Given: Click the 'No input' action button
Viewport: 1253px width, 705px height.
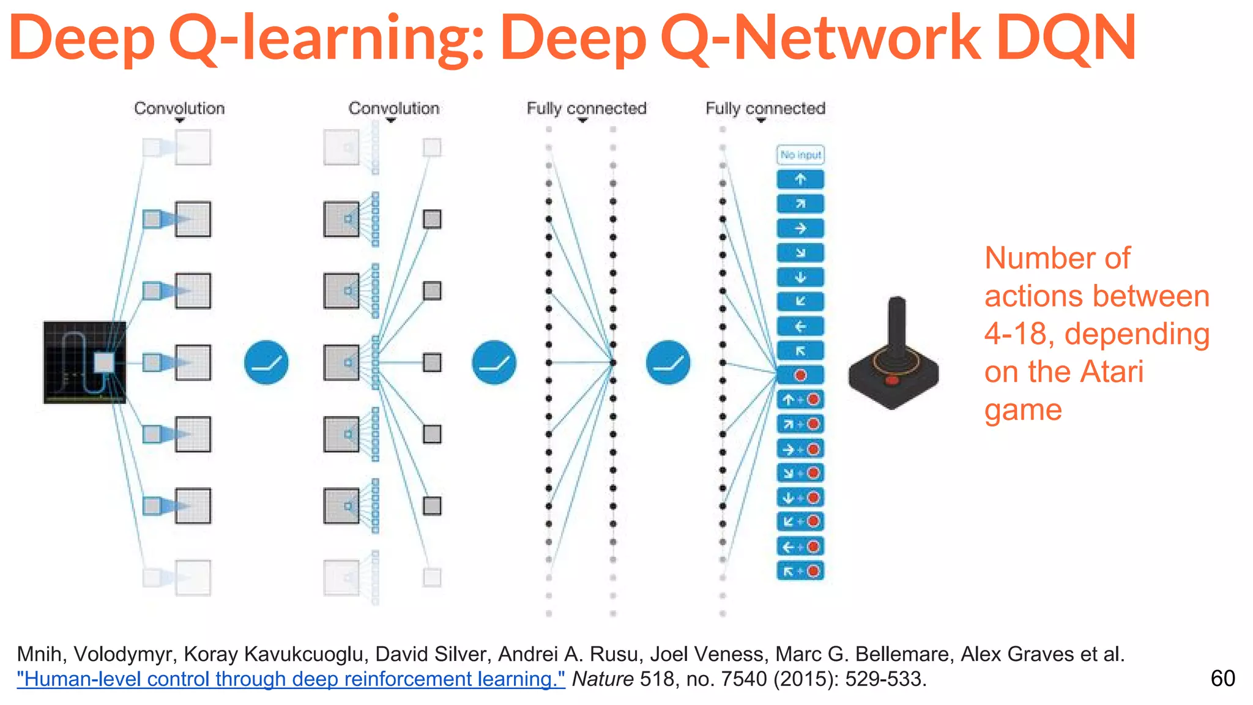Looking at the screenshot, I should coord(800,155).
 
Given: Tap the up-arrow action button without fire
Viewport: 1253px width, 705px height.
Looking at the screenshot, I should coord(800,179).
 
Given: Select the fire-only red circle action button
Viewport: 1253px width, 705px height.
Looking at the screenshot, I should coord(800,375).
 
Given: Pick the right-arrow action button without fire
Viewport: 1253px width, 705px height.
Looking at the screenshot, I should coord(800,228).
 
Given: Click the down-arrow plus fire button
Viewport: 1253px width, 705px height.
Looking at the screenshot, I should coord(800,498).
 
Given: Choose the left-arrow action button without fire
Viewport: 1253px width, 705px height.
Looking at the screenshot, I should coord(800,326).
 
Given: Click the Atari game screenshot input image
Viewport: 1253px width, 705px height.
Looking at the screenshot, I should coord(84,362).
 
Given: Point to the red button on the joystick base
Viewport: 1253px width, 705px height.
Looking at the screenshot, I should coord(892,381).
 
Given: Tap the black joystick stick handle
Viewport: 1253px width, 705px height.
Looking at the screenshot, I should coord(897,327).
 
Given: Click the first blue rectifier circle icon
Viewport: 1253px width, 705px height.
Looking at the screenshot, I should coord(266,362).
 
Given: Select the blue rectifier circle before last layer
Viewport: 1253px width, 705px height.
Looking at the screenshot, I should coord(668,362).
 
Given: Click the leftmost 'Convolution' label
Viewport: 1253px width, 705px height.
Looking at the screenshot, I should coord(179,108).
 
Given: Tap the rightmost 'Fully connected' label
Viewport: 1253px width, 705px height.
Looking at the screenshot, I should coord(765,108).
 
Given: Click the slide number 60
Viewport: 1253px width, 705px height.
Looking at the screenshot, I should coord(1222,679).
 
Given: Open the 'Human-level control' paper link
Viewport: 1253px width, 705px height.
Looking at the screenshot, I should coord(291,679).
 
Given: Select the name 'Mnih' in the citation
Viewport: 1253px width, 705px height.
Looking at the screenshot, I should coord(39,654).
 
